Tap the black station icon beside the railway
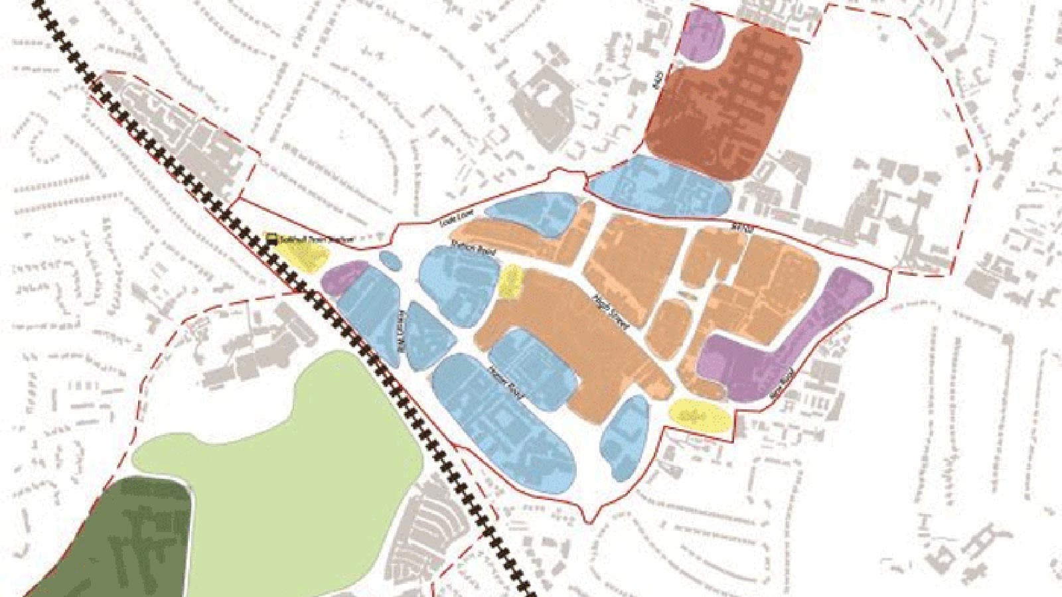pyautogui.click(x=271, y=238)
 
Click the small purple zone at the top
pyautogui.click(x=704, y=34)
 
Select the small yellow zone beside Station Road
pyautogui.click(x=511, y=281)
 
